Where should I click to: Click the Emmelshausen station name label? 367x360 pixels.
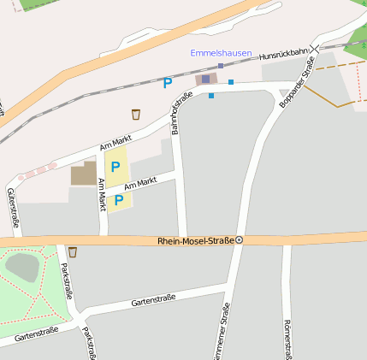tap(221, 53)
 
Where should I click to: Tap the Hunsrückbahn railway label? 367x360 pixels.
tap(283, 54)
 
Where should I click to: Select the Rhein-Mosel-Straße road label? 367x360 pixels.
tap(195, 241)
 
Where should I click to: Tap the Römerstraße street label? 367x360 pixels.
tap(286, 339)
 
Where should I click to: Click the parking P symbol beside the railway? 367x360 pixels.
tap(168, 83)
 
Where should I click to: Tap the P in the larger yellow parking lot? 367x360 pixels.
tap(115, 167)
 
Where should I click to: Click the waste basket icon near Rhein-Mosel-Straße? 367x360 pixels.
tap(73, 252)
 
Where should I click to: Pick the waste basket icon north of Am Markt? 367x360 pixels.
tap(135, 115)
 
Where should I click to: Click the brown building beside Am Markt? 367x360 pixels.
tap(84, 174)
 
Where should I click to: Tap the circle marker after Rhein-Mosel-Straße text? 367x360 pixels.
tap(240, 240)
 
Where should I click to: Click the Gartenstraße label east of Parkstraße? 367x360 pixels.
tap(153, 299)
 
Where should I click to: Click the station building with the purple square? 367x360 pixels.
tap(205, 79)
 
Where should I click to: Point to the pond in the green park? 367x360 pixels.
tap(22, 267)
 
